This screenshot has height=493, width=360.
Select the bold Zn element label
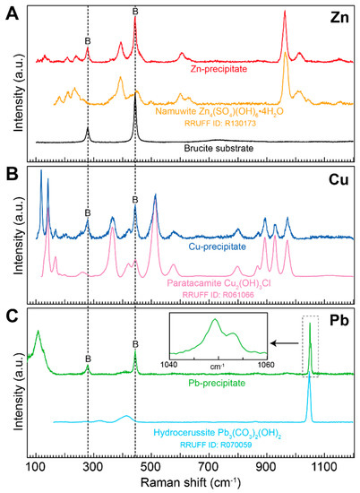click(x=340, y=17)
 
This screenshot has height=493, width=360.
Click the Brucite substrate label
click(x=212, y=143)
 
